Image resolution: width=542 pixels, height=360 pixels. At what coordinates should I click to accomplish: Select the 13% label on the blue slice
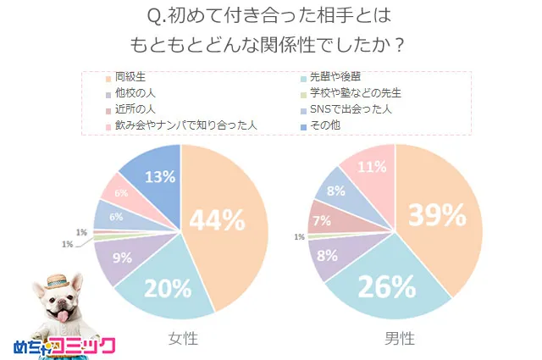click(x=160, y=177)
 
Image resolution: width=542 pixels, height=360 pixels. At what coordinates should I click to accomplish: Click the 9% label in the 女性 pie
click(x=122, y=258)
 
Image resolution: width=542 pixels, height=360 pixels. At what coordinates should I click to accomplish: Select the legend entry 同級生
click(x=134, y=77)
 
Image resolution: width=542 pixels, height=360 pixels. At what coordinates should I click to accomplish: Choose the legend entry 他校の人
click(x=134, y=93)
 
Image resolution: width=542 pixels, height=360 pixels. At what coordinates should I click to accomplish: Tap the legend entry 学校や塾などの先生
click(x=356, y=93)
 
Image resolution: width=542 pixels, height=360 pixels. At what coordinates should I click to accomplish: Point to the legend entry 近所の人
click(x=134, y=109)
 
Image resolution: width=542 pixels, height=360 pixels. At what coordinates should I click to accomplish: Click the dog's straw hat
click(x=58, y=280)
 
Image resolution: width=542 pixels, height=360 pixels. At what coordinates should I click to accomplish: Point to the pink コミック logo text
click(x=81, y=346)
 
